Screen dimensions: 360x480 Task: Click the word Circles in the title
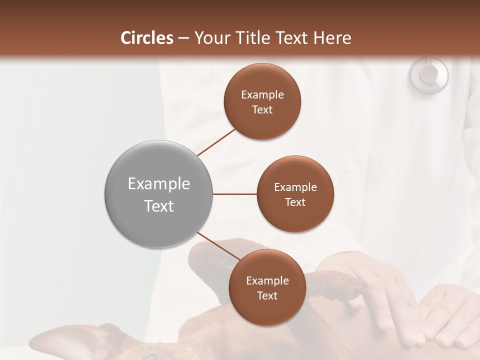coord(146,38)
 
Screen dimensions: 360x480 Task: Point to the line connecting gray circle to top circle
coord(216,142)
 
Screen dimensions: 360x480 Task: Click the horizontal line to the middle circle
coord(235,194)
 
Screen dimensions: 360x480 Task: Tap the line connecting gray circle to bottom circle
coord(218,247)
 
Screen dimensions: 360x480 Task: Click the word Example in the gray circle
coord(159,184)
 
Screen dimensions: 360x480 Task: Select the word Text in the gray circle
coord(159,206)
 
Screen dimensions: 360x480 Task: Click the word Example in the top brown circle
coord(262,94)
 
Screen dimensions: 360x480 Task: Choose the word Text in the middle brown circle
coord(295,202)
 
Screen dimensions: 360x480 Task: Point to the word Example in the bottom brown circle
coord(267,280)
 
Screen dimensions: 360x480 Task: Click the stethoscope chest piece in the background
coord(428,74)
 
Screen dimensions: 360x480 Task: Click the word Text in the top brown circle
coord(262,109)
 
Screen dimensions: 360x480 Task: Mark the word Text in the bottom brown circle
coord(267,295)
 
